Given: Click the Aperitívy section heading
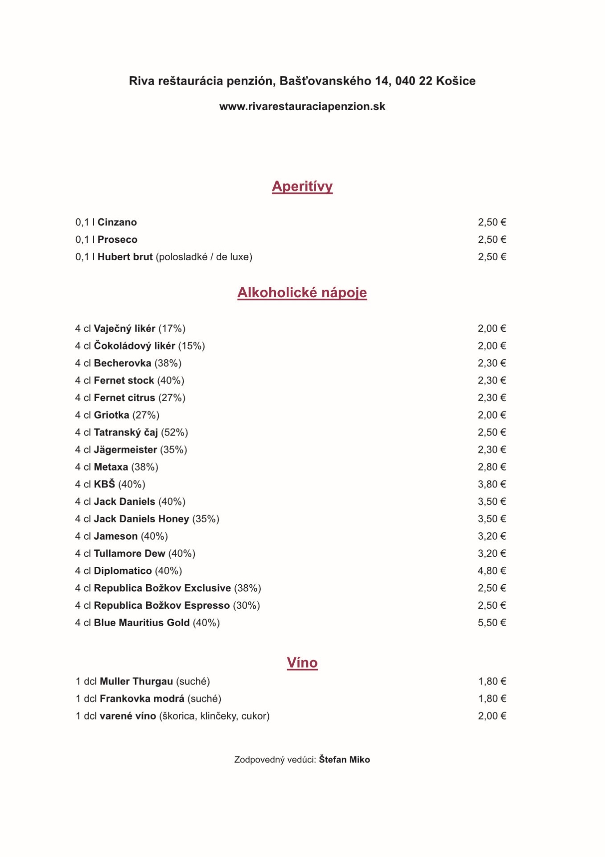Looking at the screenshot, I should click(x=302, y=186).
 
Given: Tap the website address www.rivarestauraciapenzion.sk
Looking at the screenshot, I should click(x=302, y=107).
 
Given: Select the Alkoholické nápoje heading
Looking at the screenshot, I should click(x=302, y=293).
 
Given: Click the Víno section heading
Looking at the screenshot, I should click(x=302, y=663).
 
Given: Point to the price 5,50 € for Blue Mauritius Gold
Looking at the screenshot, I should click(x=492, y=623).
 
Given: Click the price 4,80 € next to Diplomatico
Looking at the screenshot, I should click(x=492, y=571).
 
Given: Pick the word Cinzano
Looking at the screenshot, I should click(x=117, y=222).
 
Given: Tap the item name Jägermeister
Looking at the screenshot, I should click(x=125, y=450).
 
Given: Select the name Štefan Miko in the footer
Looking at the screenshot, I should click(x=344, y=760).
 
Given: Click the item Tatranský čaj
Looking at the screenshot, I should click(x=126, y=433).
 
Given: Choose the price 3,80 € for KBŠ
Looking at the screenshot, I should click(x=492, y=484).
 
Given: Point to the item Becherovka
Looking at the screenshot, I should click(x=123, y=363).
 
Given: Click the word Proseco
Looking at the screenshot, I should click(x=117, y=240).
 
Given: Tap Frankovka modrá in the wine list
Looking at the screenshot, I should click(x=142, y=699).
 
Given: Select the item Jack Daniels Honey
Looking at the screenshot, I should click(x=141, y=519).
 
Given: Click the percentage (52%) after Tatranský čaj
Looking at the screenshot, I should click(x=175, y=433).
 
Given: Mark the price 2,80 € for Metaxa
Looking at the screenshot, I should click(x=492, y=467).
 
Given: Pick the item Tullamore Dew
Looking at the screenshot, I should click(x=129, y=553).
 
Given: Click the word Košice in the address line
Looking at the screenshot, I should click(x=456, y=81).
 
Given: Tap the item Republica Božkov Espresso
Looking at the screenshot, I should click(x=162, y=606).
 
